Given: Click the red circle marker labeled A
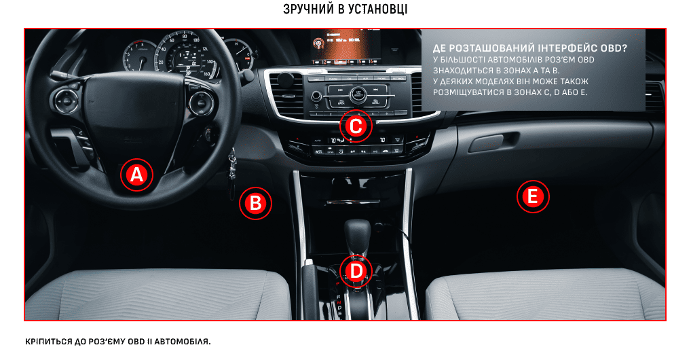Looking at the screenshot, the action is point(136,175).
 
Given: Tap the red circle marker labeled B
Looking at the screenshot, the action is point(255,203).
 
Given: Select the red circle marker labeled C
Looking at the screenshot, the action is point(356,126).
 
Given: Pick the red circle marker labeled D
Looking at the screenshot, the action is point(356,271).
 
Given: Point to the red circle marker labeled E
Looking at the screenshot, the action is point(533,196).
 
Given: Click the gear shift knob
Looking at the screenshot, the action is point(357,232).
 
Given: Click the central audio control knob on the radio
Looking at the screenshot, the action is point(358,94).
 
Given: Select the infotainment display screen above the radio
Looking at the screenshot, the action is point(345,48).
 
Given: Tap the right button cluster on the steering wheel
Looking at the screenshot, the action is point(201,103).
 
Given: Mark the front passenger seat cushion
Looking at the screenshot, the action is point(545,294).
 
